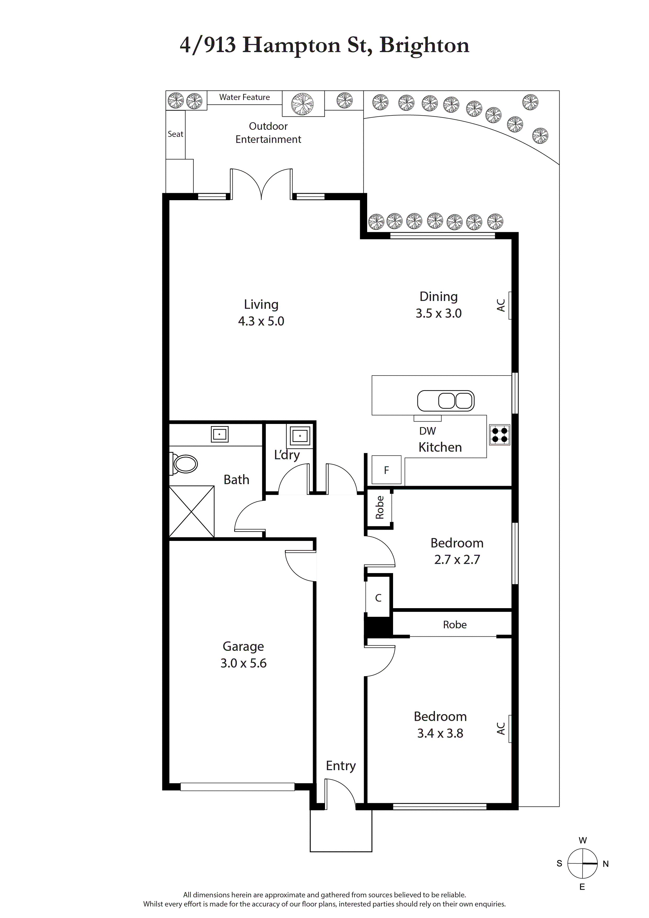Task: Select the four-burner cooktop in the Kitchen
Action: pyautogui.click(x=500, y=435)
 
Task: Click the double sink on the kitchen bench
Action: pyautogui.click(x=446, y=401)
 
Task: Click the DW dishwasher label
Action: pyautogui.click(x=427, y=431)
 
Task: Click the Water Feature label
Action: pyautogui.click(x=244, y=97)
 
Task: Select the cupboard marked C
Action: pyautogui.click(x=378, y=598)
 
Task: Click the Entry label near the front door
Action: pyautogui.click(x=341, y=766)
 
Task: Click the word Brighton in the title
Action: pyautogui.click(x=424, y=45)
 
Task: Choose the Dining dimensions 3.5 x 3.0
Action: pyautogui.click(x=438, y=314)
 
